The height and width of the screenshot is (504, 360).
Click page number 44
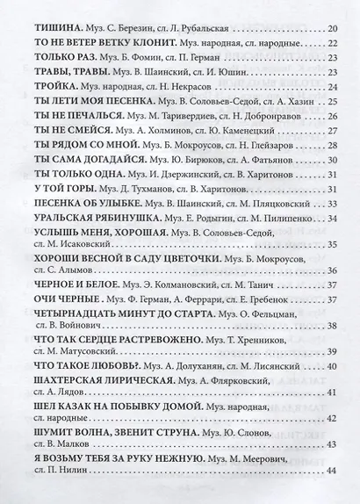(x=331, y=472)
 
